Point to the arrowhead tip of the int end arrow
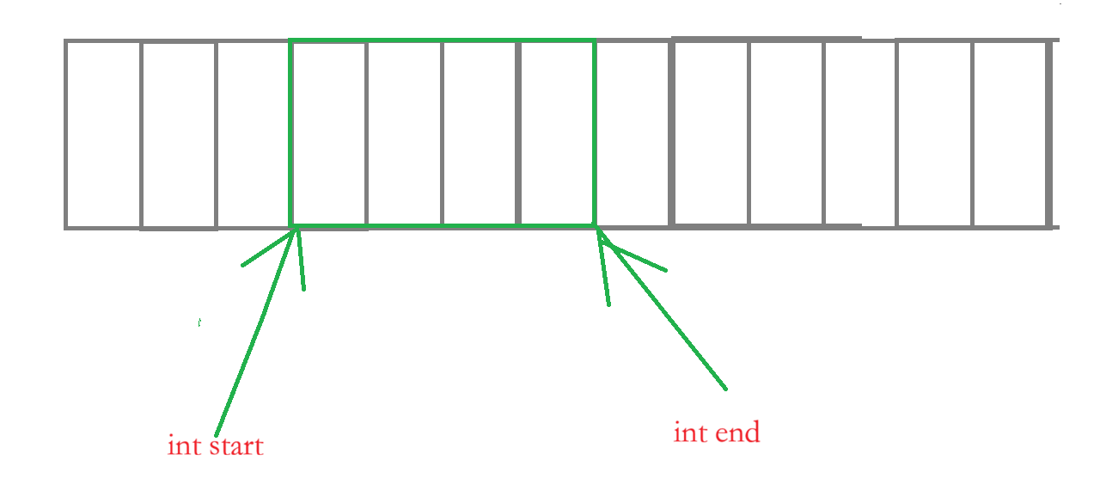598,230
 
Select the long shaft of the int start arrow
254,335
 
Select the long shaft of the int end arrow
666,314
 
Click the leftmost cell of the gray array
103,134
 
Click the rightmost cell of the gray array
1011,134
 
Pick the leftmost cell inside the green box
329,134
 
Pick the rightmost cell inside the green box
557,134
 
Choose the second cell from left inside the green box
404,134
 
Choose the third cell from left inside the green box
480,134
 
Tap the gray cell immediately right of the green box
632,134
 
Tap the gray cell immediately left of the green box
254,134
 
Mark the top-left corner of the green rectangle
291,40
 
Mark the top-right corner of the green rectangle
594,40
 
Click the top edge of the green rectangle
443,40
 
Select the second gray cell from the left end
178,134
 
